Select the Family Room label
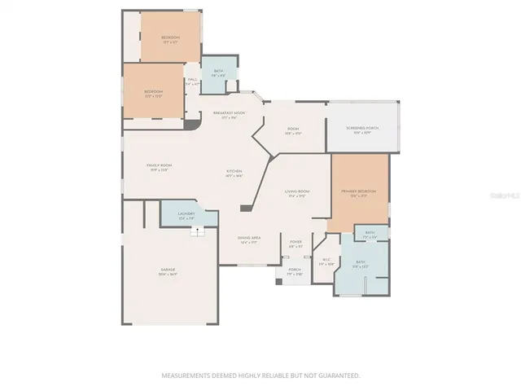[x=158, y=167]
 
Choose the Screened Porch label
[x=362, y=130]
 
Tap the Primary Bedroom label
[x=359, y=192]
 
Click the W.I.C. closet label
[x=326, y=261]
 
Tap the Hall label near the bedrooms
[x=192, y=81]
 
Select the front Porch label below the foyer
[x=295, y=271]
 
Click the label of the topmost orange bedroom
[x=169, y=38]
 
